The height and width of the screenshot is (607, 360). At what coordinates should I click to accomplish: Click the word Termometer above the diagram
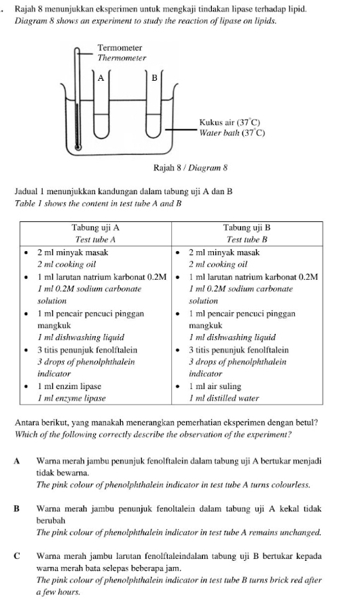[120, 48]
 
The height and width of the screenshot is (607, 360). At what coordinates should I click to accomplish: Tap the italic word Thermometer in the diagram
[122, 58]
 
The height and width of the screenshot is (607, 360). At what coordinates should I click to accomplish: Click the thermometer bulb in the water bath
[78, 145]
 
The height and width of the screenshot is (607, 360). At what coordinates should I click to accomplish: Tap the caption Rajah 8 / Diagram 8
[181, 167]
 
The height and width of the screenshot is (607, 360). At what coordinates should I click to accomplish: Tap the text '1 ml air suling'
[217, 386]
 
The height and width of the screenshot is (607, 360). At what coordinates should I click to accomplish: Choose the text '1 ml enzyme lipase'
[71, 397]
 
